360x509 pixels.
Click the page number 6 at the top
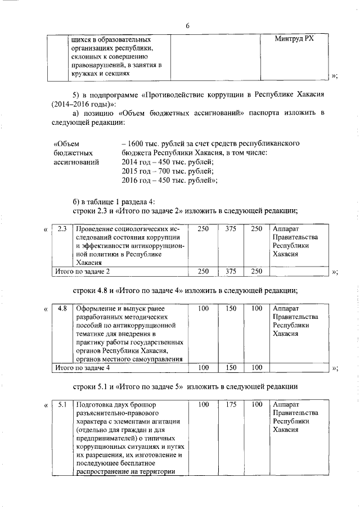click(x=187, y=25)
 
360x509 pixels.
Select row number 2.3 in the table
click(x=62, y=229)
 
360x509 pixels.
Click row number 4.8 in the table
click(x=62, y=309)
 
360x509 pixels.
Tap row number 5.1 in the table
click(x=62, y=404)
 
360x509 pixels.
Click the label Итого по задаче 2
click(x=81, y=272)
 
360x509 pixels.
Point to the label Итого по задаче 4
click(x=81, y=367)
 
